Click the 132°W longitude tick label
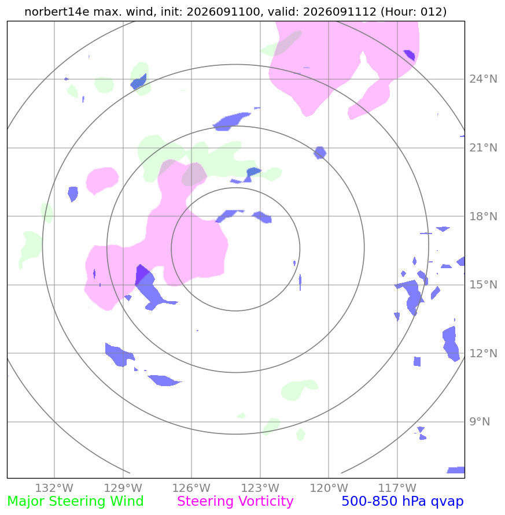pos(54,488)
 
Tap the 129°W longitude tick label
pos(123,488)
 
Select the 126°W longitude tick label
pos(191,488)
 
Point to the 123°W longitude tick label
pos(260,488)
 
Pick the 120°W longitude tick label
pos(329,488)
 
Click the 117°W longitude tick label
pos(397,488)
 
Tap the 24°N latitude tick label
pos(483,79)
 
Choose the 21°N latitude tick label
pos(483,148)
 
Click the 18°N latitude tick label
pos(483,216)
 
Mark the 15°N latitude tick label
pos(483,285)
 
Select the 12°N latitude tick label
pos(483,353)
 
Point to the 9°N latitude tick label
pos(480,422)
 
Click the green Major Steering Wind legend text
pos(75,502)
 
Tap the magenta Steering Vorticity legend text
pos(235,502)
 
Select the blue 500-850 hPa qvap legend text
pos(403,502)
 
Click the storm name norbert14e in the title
pos(57,12)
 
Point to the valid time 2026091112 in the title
pos(340,12)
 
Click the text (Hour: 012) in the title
pos(414,12)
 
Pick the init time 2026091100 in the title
pos(223,12)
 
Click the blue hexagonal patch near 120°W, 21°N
pos(320,153)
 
